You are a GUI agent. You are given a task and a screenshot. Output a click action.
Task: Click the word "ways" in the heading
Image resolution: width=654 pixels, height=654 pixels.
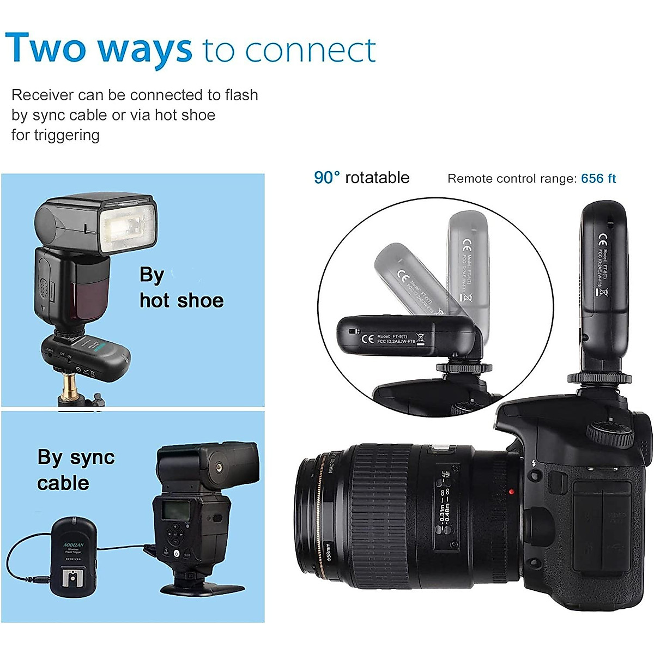[145, 49]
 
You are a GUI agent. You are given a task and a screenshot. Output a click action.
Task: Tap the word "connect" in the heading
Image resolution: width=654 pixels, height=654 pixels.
[310, 51]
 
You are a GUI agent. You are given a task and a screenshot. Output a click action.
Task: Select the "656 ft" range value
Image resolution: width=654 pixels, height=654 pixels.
[598, 179]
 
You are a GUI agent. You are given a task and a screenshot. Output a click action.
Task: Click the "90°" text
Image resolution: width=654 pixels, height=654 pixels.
[326, 178]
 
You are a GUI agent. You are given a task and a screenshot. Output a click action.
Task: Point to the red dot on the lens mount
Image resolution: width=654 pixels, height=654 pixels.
[511, 492]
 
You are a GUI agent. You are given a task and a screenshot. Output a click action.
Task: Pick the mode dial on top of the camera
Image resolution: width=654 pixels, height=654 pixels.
[610, 434]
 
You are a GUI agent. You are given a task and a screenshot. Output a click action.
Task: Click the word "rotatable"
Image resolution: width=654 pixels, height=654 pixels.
[377, 178]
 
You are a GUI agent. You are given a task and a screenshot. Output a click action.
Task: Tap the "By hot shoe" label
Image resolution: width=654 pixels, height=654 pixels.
[181, 288]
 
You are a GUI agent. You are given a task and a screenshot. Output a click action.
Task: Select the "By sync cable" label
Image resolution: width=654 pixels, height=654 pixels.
[75, 470]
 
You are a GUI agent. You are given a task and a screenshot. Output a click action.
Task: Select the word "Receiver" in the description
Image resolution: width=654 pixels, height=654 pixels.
[43, 95]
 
